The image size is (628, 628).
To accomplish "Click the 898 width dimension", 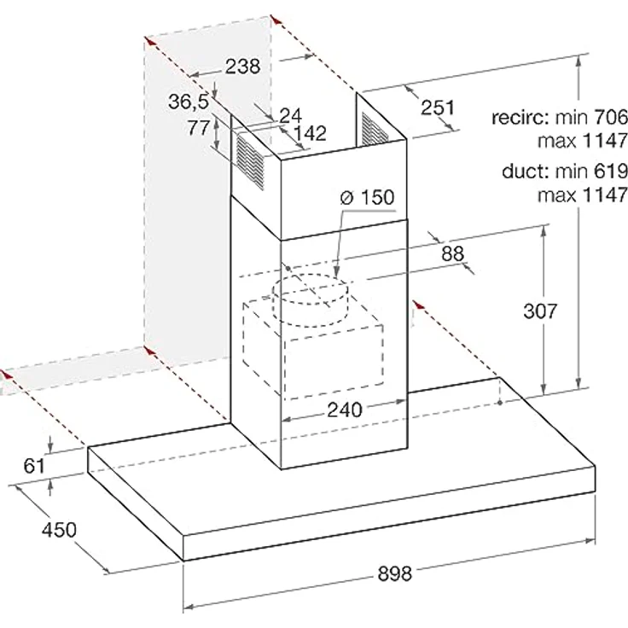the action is (x=394, y=573).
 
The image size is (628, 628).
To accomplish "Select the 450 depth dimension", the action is (x=59, y=530).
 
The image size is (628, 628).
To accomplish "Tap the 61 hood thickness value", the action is (x=34, y=466).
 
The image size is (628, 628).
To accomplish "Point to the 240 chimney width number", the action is (x=345, y=410).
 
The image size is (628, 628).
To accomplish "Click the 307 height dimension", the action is (x=540, y=311).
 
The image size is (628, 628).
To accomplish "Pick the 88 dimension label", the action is (x=452, y=253).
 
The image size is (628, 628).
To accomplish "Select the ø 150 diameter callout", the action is (x=367, y=197).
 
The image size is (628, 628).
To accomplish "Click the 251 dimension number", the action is (x=438, y=108).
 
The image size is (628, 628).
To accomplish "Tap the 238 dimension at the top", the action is (x=242, y=66).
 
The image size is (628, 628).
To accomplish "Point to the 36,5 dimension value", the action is (x=189, y=102).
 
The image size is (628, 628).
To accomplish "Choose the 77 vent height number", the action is (x=199, y=128).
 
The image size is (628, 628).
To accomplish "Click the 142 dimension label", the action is (x=310, y=133).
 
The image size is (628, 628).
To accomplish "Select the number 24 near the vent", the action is (x=290, y=115).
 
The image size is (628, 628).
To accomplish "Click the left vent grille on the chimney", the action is (x=250, y=161).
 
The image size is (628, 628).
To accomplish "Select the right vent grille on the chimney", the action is (x=374, y=129).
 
